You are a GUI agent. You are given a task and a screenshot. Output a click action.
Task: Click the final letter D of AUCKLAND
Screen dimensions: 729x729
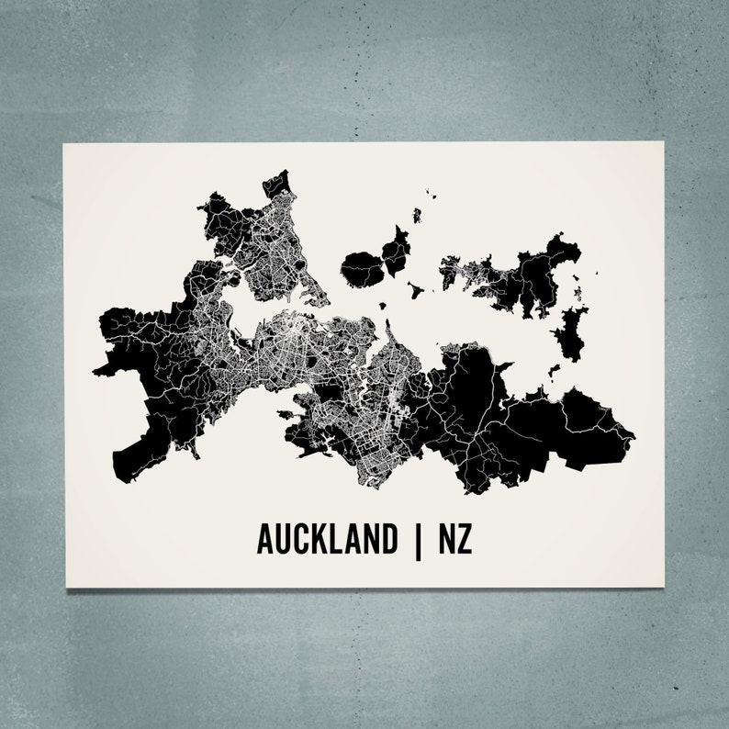tap(397, 540)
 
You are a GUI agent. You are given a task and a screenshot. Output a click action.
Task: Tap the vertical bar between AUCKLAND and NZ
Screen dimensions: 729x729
tap(421, 540)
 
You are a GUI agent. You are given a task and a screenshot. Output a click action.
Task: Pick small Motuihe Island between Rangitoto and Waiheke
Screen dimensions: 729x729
tap(415, 293)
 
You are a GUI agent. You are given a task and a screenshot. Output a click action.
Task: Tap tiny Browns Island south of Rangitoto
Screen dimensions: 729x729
tap(378, 309)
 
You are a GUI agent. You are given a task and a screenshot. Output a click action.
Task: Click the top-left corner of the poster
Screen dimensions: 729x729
tap(62, 142)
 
